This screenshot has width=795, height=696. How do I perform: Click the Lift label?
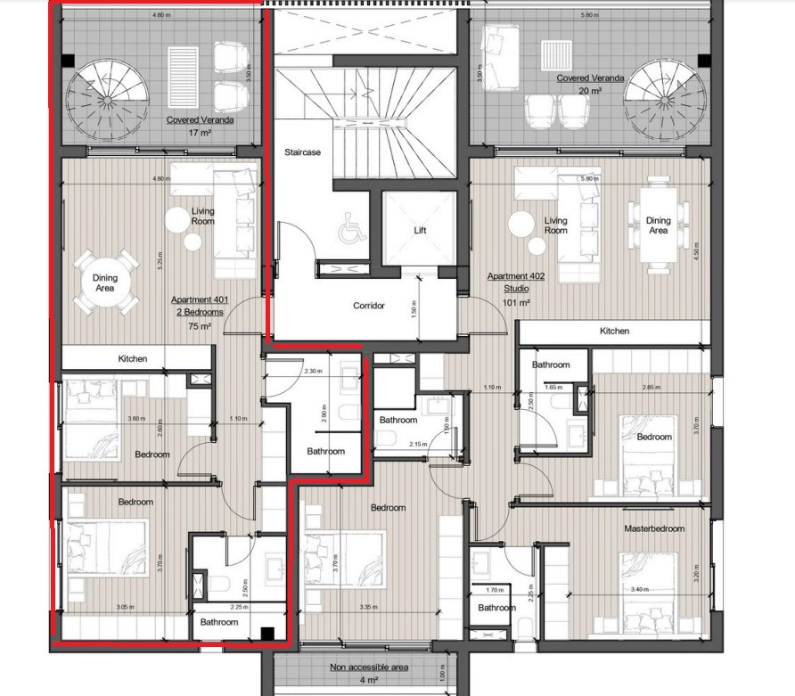click(420, 230)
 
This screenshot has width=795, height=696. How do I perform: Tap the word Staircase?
click(302, 152)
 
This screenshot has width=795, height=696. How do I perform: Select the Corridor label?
click(368, 306)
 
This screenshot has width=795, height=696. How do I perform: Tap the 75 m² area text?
click(200, 327)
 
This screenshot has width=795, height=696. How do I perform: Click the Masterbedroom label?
click(653, 529)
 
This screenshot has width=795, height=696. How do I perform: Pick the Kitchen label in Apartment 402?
click(614, 332)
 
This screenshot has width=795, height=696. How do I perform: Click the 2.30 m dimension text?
click(313, 371)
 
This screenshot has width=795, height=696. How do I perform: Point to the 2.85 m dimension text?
click(652, 388)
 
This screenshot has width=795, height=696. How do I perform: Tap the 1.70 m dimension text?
click(490, 589)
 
